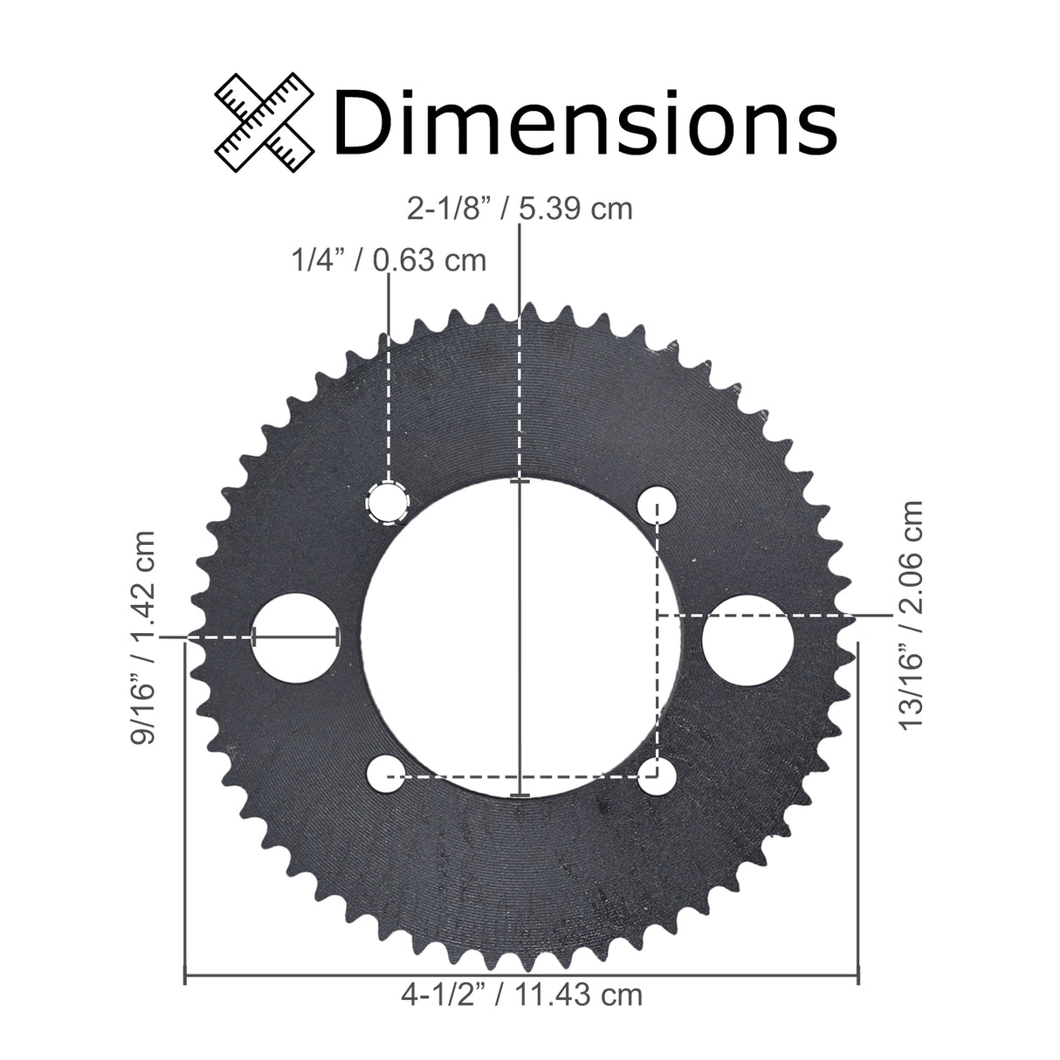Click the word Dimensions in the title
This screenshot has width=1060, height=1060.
(584, 123)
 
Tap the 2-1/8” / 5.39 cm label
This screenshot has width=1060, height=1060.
(519, 210)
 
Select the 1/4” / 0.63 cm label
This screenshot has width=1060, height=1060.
(388, 259)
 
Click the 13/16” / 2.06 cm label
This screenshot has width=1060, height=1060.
(912, 616)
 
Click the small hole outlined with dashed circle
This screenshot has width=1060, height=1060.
(388, 502)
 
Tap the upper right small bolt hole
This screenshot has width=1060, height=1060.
(657, 504)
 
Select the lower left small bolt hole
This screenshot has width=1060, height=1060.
(384, 774)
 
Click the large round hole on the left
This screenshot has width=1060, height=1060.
(294, 637)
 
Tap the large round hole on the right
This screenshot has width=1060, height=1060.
(748, 638)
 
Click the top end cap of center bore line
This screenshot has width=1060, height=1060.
(520, 481)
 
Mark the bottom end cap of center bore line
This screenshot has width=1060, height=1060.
(520, 795)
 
